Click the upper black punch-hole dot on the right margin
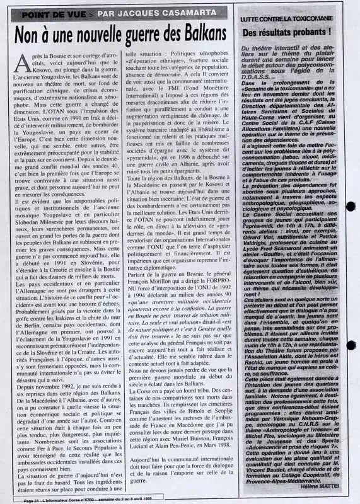pyautogui.click(x=351, y=206)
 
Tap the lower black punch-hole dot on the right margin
pyautogui.click(x=351, y=345)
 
